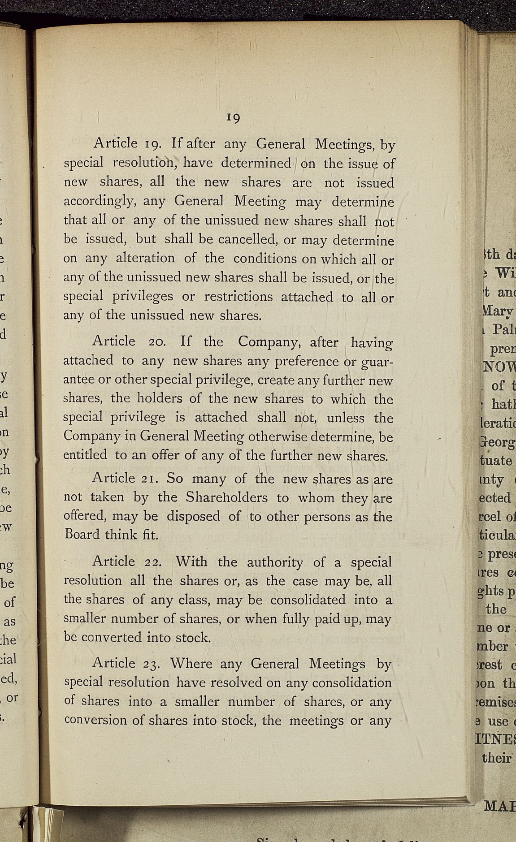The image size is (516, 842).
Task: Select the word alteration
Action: [x=145, y=258]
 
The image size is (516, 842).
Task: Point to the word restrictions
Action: [x=238, y=297]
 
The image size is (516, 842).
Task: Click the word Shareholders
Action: [x=226, y=497]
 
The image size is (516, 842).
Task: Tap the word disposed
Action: [x=193, y=516]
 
